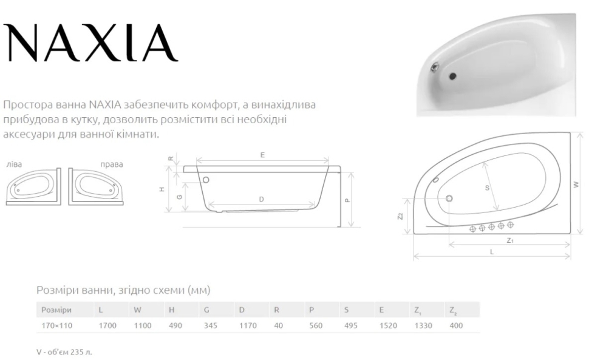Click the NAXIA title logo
90,42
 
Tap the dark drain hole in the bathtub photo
452,76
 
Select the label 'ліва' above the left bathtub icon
15,164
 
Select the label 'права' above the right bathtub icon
112,165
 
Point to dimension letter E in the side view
262,155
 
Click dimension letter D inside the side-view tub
262,199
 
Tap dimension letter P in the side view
347,200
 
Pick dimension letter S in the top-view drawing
487,188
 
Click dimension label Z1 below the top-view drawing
509,240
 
